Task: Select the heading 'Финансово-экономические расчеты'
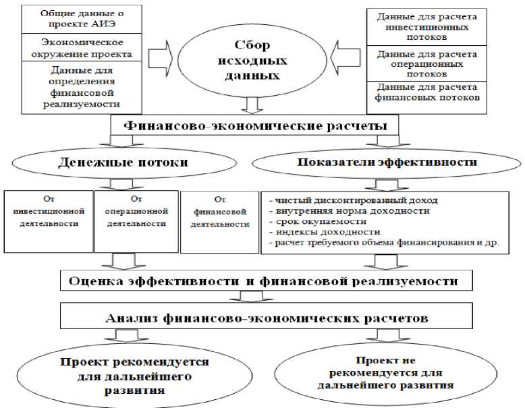(x=255, y=125)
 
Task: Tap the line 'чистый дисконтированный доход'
(x=352, y=201)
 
